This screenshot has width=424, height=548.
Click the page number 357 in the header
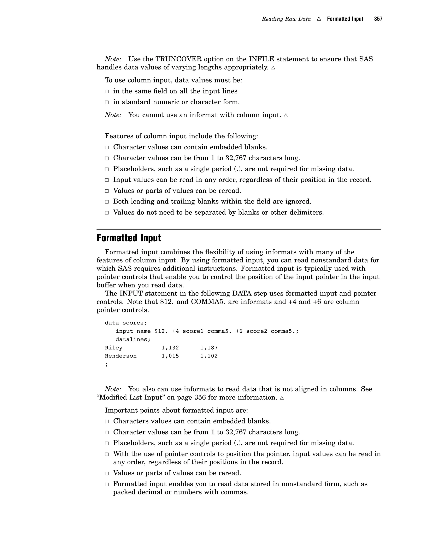coord(378,19)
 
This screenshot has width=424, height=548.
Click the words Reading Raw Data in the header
coord(286,19)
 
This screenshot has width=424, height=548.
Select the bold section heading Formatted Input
coord(129,238)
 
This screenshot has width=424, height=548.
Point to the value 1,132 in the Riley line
coord(170,348)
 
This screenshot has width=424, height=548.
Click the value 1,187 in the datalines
coord(209,348)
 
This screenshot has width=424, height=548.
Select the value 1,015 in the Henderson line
coord(170,356)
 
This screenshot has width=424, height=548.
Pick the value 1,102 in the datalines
coord(209,356)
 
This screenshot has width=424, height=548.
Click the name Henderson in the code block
coord(120,356)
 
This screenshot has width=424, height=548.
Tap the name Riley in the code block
coord(113,348)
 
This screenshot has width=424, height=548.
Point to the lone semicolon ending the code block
coord(106,364)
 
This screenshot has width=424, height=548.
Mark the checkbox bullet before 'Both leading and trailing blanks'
coord(107,202)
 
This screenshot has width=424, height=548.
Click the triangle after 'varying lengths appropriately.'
coord(273,68)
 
